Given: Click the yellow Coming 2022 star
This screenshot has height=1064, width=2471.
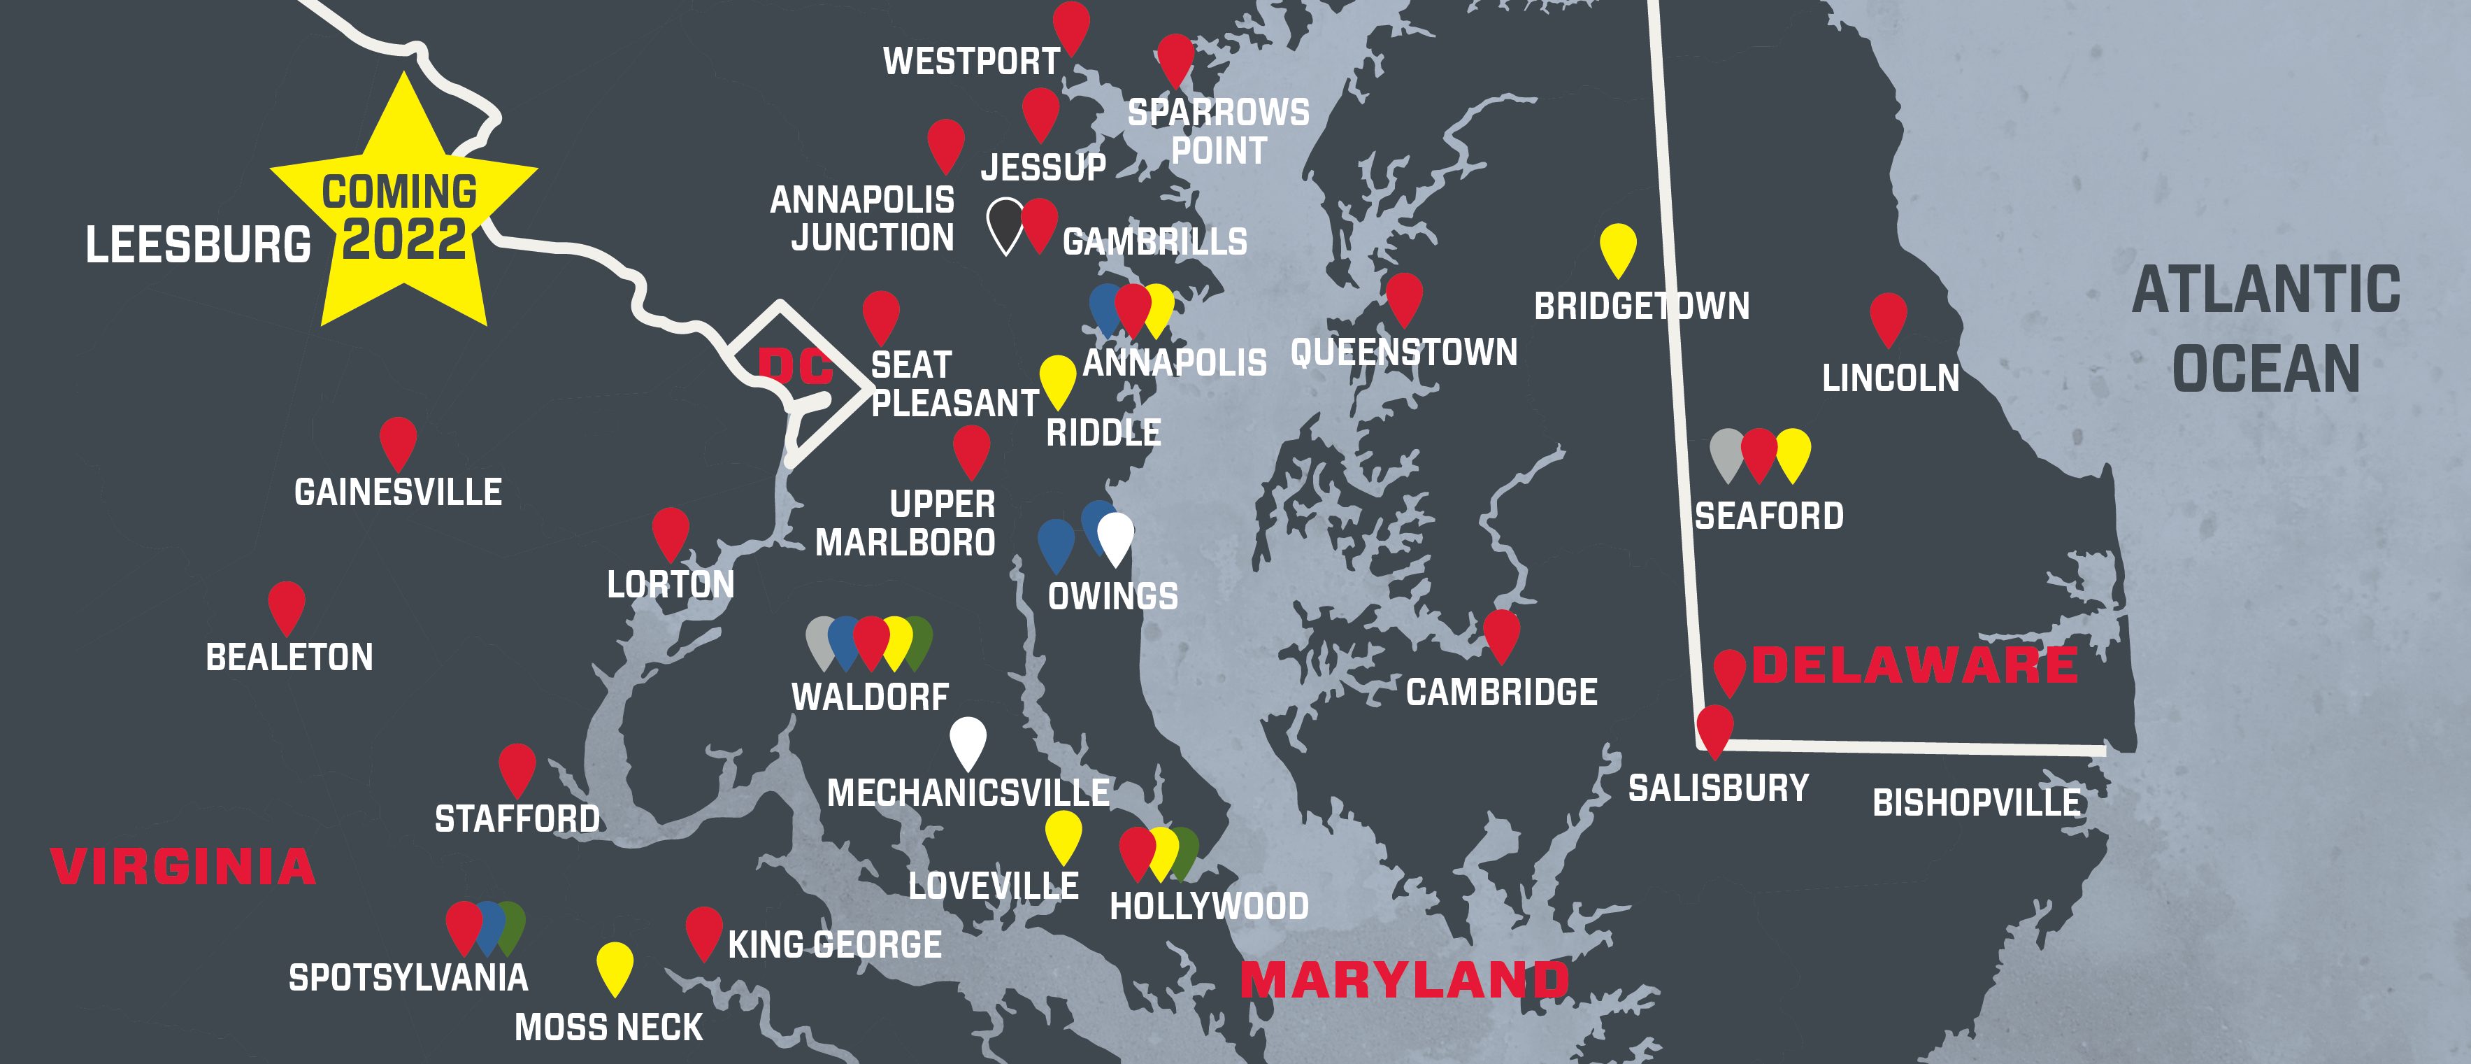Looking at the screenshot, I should [x=403, y=216].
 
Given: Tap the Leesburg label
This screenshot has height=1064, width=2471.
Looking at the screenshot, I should [x=198, y=245].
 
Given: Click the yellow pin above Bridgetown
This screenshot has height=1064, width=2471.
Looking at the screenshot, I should [x=1617, y=248].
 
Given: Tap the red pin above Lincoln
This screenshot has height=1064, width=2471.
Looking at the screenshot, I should [x=1887, y=317].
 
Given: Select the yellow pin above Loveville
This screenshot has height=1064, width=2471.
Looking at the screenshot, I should [x=1062, y=834].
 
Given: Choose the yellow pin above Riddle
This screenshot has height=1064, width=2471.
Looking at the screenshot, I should [x=1057, y=379].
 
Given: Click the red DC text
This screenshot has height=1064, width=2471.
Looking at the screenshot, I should [x=794, y=366].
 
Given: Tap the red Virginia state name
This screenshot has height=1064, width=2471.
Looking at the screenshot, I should [x=183, y=866].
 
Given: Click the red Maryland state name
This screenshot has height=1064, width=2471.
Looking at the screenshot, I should [x=1404, y=979].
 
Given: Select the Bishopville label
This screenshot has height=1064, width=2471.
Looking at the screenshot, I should [x=1976, y=803].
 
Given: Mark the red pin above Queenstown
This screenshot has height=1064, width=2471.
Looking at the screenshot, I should [x=1403, y=297].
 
